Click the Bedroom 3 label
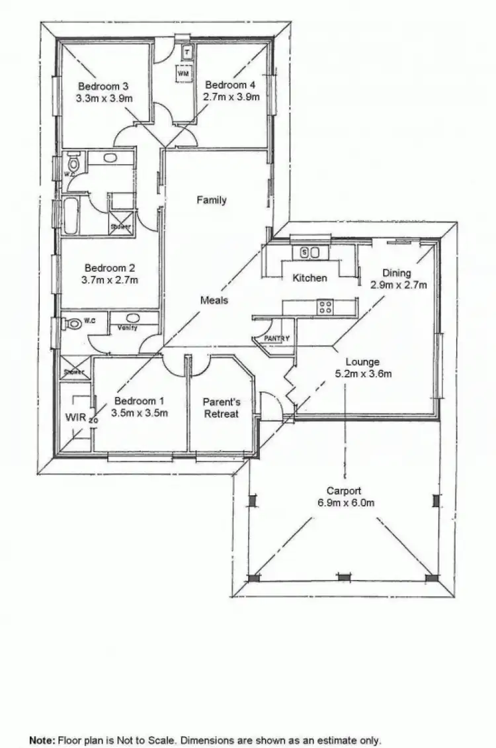click(103, 86)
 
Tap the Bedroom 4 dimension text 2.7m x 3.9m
click(230, 97)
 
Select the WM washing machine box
click(183, 74)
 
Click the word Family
click(212, 200)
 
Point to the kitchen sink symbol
click(310, 252)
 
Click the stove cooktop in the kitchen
click(325, 306)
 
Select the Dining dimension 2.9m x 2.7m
click(397, 285)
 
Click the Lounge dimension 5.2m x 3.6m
click(363, 374)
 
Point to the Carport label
click(344, 491)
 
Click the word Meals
click(214, 301)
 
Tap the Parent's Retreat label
click(220, 408)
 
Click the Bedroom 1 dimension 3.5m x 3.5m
click(139, 414)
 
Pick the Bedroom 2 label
click(110, 268)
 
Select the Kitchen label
click(310, 278)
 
